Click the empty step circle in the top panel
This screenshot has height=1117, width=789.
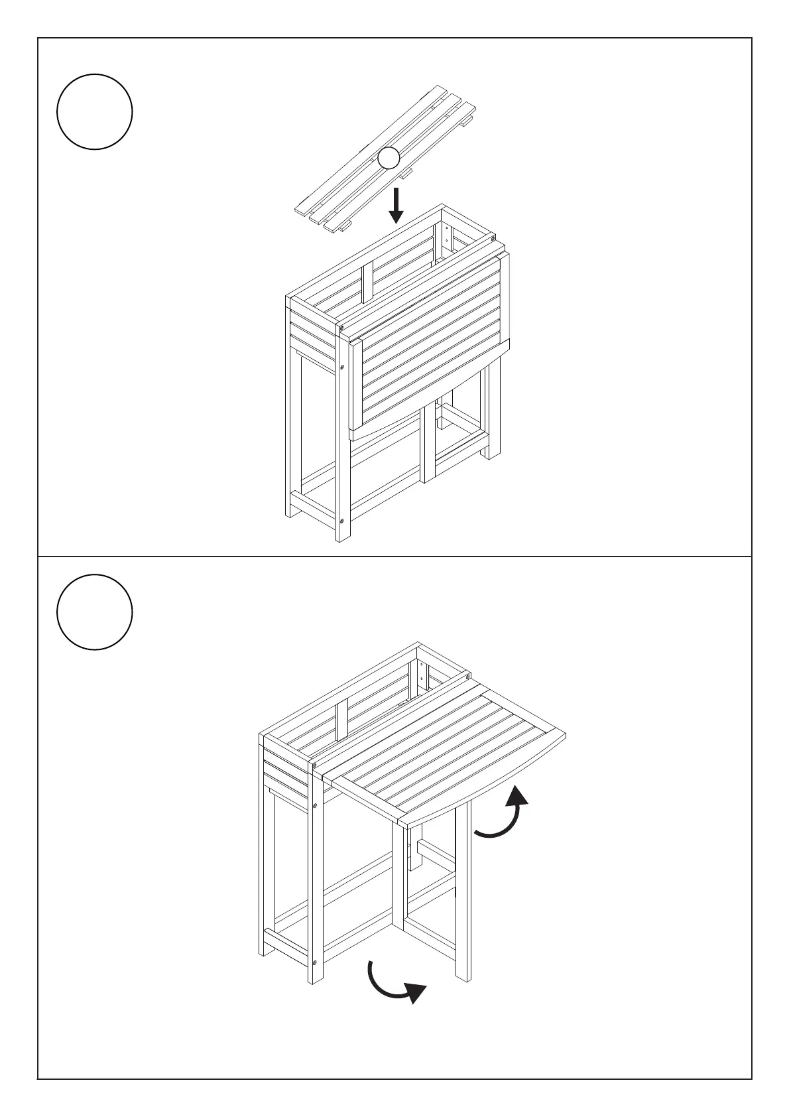click(95, 111)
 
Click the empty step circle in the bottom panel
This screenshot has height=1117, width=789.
click(95, 612)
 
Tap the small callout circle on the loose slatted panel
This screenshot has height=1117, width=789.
click(389, 159)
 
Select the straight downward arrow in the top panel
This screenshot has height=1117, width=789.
click(396, 206)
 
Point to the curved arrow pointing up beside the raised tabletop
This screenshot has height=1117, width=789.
click(504, 813)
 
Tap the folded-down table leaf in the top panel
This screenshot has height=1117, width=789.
click(431, 338)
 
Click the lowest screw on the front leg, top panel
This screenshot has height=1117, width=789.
click(341, 521)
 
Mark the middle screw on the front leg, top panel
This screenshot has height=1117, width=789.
click(341, 365)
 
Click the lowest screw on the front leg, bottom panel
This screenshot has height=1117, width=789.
click(316, 961)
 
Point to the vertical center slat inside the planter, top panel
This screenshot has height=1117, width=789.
click(368, 282)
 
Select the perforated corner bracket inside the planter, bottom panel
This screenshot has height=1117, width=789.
click(422, 677)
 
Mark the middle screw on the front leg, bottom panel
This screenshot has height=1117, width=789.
click(316, 805)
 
